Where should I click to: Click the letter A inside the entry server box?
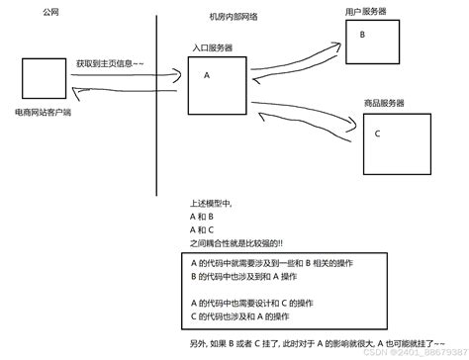pyautogui.click(x=207, y=75)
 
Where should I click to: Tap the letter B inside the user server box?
pyautogui.click(x=362, y=34)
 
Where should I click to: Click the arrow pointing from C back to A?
pyautogui.click(x=307, y=121)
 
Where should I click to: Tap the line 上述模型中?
pyautogui.click(x=209, y=202)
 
